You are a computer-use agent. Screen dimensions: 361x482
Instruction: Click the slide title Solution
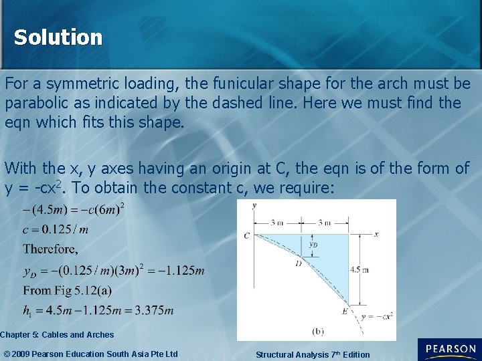coord(58,37)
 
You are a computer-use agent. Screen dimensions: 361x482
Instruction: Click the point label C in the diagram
coord(247,235)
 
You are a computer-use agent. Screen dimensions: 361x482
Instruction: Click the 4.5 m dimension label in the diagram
coord(359,269)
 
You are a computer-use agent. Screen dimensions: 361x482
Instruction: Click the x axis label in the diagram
coord(377,234)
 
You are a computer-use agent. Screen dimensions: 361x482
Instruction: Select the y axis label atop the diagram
coord(254,205)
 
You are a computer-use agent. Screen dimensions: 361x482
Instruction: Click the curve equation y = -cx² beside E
coord(376,316)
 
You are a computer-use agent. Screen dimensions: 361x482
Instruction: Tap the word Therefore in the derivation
coord(50,249)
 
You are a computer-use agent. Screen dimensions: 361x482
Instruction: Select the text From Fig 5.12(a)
coord(67,291)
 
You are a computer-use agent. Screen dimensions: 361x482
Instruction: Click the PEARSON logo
coord(449,350)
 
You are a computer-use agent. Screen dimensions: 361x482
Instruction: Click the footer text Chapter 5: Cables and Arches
coord(57,334)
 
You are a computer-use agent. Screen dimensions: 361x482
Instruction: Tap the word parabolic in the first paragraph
coord(35,104)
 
